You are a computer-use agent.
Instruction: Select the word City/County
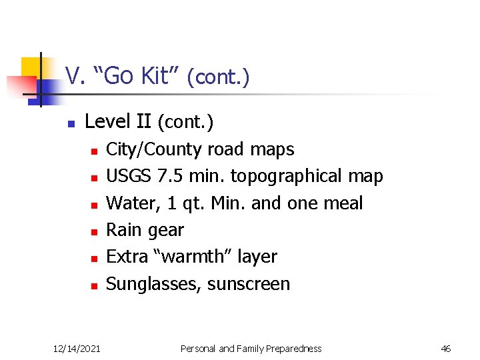[155, 149]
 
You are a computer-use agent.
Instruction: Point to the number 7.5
[171, 176]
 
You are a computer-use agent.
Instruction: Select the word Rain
[125, 230]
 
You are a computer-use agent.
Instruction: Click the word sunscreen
[249, 284]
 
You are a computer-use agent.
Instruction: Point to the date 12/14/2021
[77, 348]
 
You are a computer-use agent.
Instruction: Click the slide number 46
[446, 348]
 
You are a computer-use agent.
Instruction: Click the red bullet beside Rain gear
[95, 231]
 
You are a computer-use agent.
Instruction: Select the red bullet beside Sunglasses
[95, 285]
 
